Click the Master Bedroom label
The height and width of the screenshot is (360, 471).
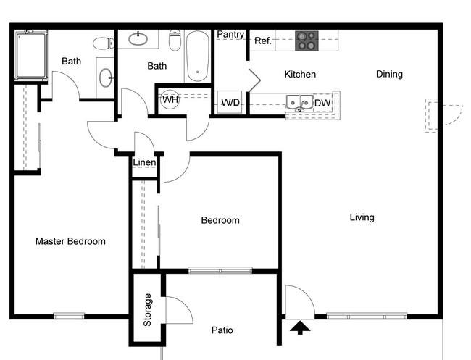tap(70, 241)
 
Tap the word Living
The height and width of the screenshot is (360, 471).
tap(362, 217)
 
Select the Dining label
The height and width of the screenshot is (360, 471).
tap(389, 74)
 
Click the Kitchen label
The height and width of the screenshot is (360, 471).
tap(300, 74)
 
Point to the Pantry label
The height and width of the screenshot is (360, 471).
tap(230, 35)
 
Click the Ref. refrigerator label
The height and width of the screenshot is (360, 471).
tap(263, 41)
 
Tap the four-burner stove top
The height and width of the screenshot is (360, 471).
tap(307, 41)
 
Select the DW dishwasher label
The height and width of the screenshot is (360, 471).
tap(322, 104)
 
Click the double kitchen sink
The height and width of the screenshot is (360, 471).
tap(299, 104)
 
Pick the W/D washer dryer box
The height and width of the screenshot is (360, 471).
tap(230, 102)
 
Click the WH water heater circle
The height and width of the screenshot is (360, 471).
tap(170, 99)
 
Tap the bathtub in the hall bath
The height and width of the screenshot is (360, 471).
tap(197, 56)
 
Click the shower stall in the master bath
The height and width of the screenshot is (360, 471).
tap(31, 55)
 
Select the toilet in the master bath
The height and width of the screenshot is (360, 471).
tap(104, 43)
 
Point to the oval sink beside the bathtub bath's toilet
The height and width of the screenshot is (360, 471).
tap(138, 38)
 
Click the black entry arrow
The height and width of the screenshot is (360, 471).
tap(300, 327)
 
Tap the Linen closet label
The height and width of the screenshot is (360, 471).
tap(144, 162)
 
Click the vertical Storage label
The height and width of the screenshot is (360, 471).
tap(147, 310)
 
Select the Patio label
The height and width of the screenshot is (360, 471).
tap(222, 330)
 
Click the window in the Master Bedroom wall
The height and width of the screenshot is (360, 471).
tap(69, 316)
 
